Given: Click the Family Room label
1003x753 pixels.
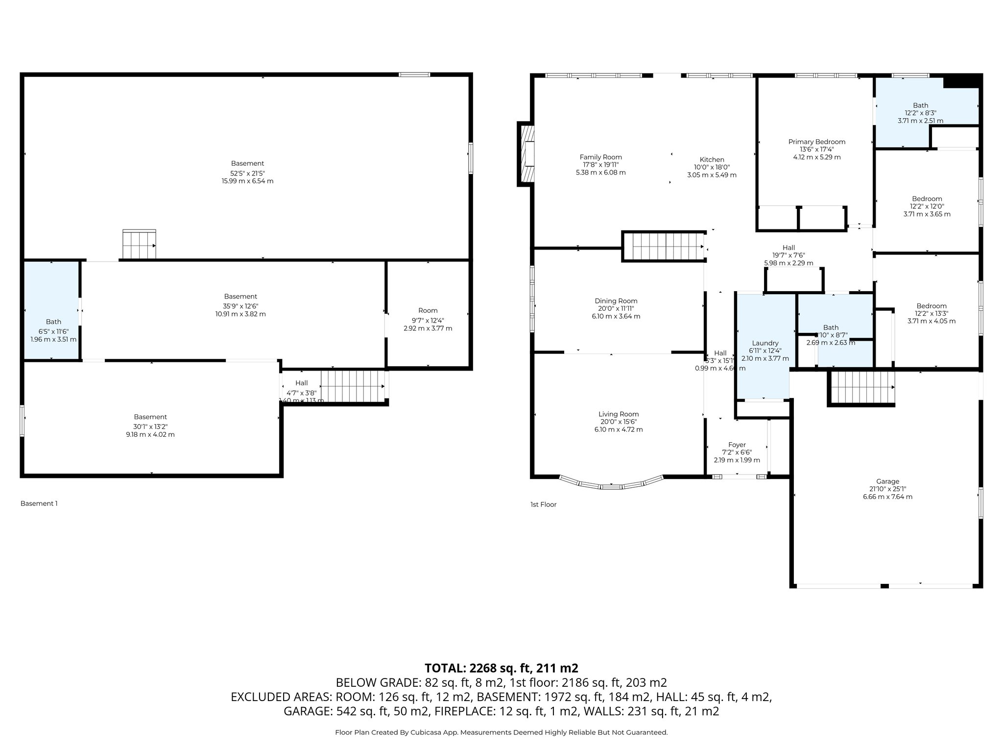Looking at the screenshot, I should pyautogui.click(x=600, y=157).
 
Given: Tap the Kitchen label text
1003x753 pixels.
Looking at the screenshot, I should pyautogui.click(x=712, y=160).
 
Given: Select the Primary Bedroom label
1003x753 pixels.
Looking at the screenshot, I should pyautogui.click(x=816, y=142).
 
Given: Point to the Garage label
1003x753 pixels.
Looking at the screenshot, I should pyautogui.click(x=887, y=481).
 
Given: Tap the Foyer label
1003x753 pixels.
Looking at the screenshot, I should pyautogui.click(x=737, y=445).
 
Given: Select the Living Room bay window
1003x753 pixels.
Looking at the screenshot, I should pyautogui.click(x=611, y=484).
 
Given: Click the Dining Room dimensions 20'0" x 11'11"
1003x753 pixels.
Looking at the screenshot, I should pyautogui.click(x=616, y=309).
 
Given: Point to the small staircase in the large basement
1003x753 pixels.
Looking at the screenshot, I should pyautogui.click(x=139, y=244).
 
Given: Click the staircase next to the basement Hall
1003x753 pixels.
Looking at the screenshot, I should pyautogui.click(x=353, y=386).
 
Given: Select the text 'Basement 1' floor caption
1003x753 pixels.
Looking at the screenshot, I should pyautogui.click(x=39, y=503).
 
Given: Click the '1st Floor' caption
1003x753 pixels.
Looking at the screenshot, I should pyautogui.click(x=543, y=504).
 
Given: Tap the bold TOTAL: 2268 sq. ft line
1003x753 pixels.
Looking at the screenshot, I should pyautogui.click(x=501, y=668).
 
